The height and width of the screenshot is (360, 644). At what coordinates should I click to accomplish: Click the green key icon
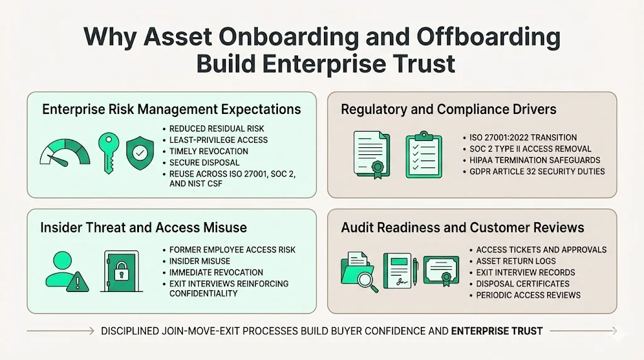[x=106, y=151]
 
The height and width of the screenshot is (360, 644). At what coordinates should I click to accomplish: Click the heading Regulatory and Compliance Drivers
[x=448, y=110]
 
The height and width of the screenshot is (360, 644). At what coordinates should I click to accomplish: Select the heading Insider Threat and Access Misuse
[x=143, y=227]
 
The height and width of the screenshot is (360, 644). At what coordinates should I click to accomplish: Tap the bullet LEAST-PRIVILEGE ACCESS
[x=218, y=140]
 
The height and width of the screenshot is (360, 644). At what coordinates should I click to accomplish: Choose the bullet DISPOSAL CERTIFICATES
[x=523, y=284]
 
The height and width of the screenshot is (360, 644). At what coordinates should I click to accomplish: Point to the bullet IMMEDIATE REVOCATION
[x=216, y=273]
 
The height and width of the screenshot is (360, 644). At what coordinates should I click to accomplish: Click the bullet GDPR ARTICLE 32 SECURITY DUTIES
[x=536, y=171]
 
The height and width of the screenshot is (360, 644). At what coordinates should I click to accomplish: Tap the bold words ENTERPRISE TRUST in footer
[x=497, y=330]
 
